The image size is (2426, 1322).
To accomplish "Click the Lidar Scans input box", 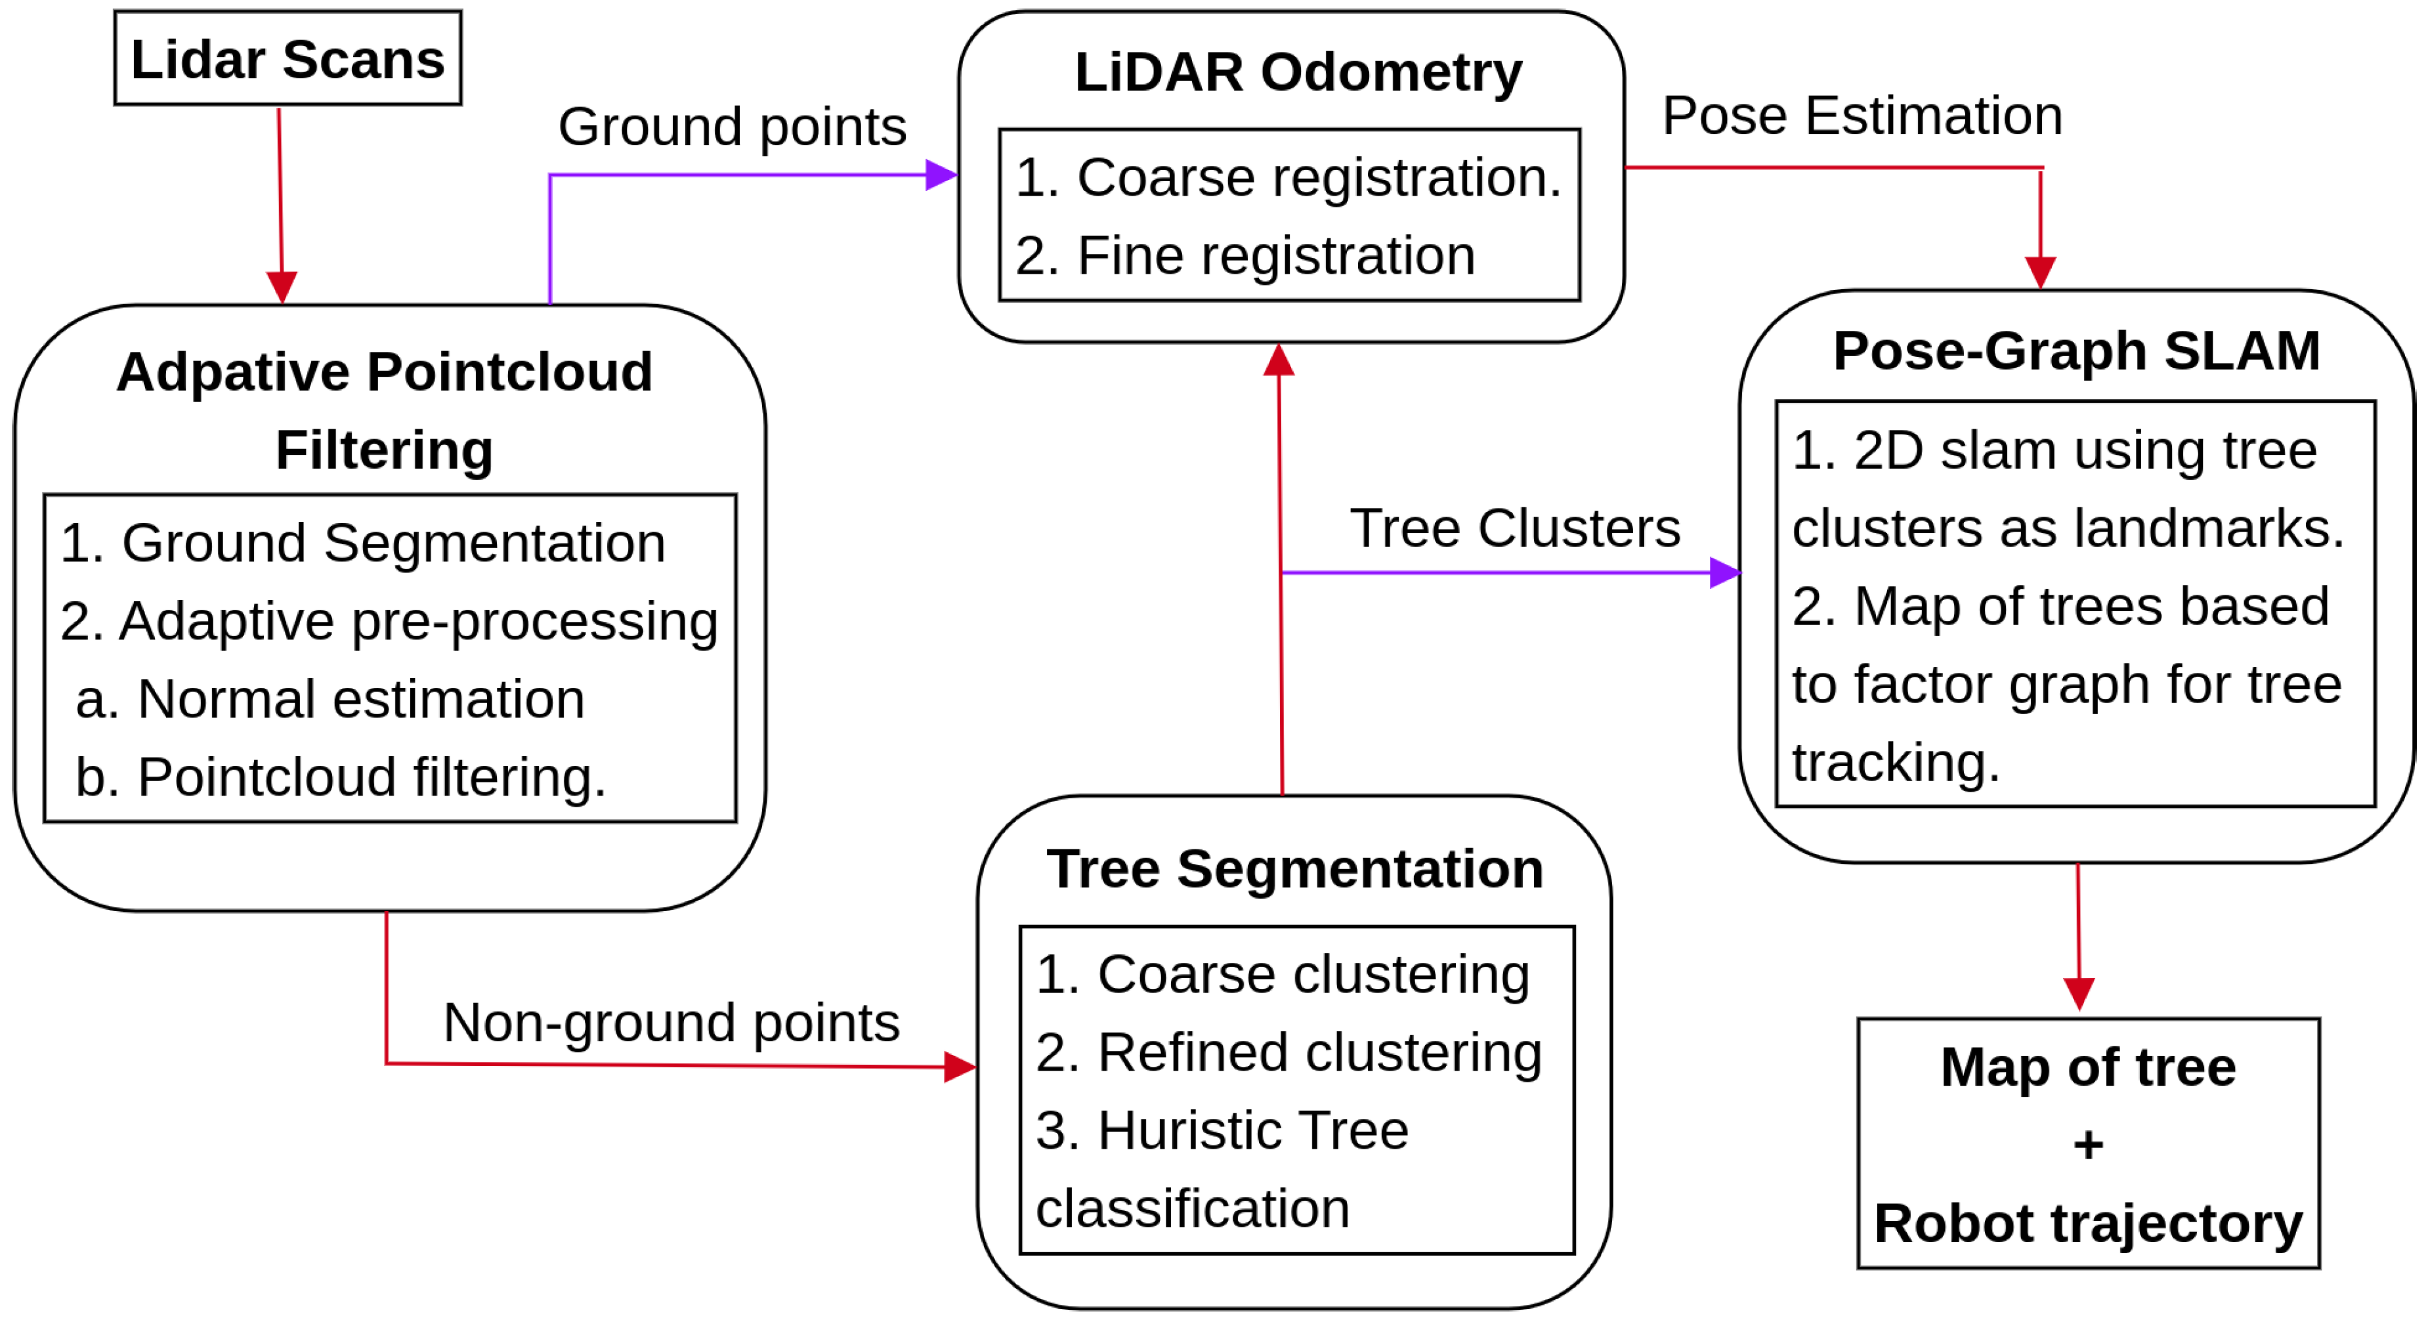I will [x=287, y=58].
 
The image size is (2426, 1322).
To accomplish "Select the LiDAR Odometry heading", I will [x=1298, y=72].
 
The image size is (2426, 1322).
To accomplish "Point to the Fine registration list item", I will [x=1245, y=255].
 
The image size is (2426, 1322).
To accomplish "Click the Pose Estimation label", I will [x=1862, y=116].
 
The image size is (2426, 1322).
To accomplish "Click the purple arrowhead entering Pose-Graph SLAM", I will [x=1724, y=572].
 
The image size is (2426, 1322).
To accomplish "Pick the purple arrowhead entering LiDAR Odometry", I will [x=941, y=175].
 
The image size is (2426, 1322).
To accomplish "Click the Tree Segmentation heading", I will [x=1295, y=868].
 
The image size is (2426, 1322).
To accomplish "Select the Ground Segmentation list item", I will [x=362, y=544].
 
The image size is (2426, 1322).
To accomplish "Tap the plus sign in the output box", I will [x=2088, y=1145].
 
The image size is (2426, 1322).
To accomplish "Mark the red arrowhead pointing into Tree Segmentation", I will [x=959, y=1067].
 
